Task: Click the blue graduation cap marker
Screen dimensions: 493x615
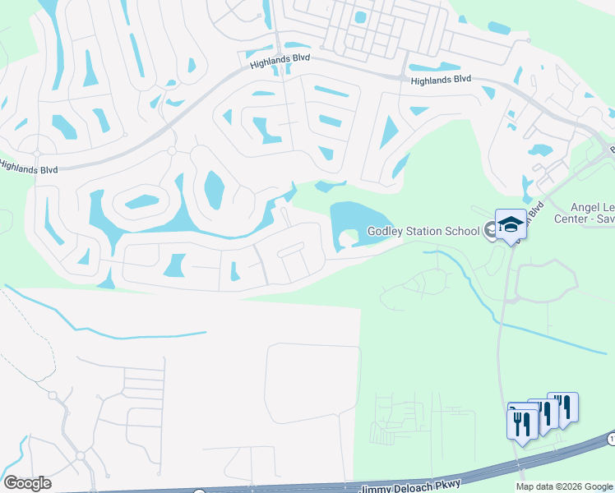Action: click(x=511, y=224)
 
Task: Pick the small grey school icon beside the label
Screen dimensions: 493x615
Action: click(x=491, y=230)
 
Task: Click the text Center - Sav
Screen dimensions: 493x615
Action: click(x=585, y=219)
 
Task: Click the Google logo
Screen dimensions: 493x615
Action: click(x=27, y=483)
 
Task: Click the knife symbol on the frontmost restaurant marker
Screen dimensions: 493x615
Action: click(x=526, y=422)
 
